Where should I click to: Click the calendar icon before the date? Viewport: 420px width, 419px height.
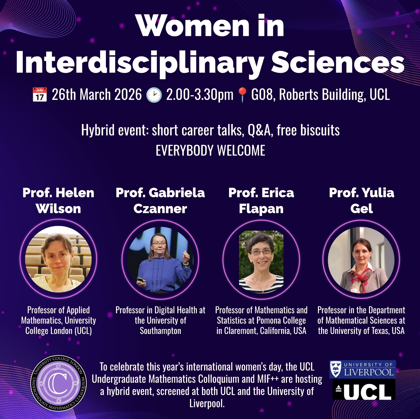click(40, 94)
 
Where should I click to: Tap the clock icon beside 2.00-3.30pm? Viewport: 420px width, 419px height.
click(154, 95)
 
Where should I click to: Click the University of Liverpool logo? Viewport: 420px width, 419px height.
click(363, 369)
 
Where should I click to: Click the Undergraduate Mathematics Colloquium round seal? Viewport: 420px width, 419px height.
click(59, 383)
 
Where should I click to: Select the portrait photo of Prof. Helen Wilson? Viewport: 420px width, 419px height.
click(58, 259)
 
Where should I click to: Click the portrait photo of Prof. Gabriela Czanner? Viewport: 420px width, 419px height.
click(160, 259)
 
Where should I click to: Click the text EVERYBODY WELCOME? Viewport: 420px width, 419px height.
click(210, 150)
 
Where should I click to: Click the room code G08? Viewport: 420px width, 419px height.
click(263, 95)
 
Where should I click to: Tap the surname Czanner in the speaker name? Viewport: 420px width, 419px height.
click(160, 209)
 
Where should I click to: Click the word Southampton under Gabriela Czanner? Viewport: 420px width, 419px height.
click(161, 331)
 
